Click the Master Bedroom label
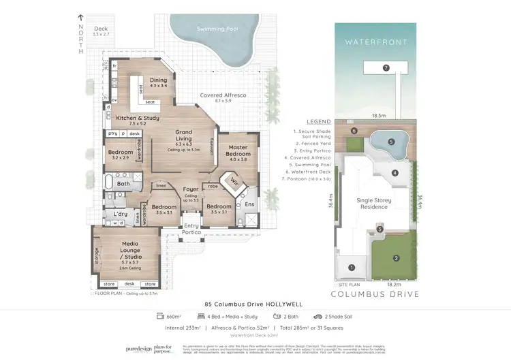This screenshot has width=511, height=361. click(238, 151)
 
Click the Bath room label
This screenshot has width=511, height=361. click(123, 183)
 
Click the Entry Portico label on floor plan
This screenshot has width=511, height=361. click(191, 229)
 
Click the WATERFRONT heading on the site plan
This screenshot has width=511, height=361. click(375, 42)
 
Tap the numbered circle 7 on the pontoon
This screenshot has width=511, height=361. click(386, 68)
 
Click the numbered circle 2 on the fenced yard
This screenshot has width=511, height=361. click(394, 258)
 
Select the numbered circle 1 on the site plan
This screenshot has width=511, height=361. click(352, 268)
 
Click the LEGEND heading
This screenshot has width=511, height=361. click(318, 121)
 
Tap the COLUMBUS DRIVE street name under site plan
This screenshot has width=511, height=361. click(375, 294)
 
